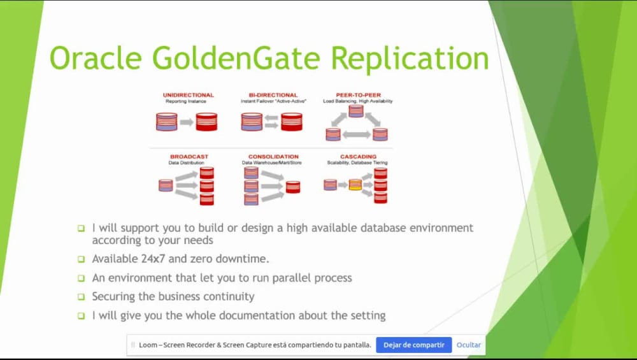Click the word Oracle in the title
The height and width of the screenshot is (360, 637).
(x=96, y=59)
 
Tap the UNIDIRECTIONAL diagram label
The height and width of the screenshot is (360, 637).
(x=188, y=95)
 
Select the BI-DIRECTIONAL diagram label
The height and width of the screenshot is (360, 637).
(x=273, y=95)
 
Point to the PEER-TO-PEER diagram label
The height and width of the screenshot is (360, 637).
(x=357, y=95)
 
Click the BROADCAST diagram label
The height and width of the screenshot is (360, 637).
(x=189, y=157)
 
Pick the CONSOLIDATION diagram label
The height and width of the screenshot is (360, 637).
(x=273, y=157)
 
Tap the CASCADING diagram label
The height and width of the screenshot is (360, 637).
(x=358, y=157)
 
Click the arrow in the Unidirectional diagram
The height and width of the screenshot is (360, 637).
(x=187, y=122)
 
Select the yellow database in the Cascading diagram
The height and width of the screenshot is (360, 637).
(x=355, y=185)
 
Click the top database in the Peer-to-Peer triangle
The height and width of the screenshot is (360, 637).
(x=356, y=111)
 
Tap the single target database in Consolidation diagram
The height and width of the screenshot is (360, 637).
(x=293, y=187)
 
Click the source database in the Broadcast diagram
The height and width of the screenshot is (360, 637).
(x=166, y=185)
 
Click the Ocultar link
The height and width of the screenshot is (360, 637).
(x=468, y=345)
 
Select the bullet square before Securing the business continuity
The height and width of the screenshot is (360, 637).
(x=81, y=297)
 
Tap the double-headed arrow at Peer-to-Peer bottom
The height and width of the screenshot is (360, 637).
(x=356, y=134)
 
